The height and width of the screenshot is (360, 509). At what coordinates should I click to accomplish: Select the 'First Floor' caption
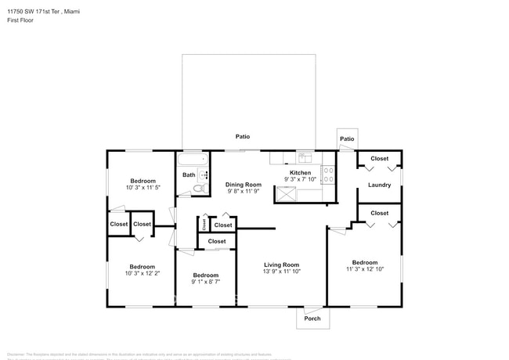pos(20,21)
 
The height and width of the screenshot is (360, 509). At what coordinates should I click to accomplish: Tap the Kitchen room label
pos(301,172)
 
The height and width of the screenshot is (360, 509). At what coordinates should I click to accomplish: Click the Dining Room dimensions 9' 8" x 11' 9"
pos(244,191)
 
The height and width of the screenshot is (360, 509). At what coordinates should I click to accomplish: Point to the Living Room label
pos(280,265)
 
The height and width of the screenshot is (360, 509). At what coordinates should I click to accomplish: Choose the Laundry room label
pos(379,185)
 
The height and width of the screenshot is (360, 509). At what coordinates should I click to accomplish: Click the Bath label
pos(189,175)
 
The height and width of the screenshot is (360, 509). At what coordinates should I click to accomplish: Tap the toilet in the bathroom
pos(201,189)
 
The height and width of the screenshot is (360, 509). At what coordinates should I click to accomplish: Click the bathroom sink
pos(204,175)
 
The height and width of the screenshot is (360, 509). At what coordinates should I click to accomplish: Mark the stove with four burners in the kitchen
pos(328,174)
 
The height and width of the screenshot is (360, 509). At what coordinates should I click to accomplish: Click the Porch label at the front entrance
pos(312,318)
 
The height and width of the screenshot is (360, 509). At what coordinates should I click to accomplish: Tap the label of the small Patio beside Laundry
pos(346,139)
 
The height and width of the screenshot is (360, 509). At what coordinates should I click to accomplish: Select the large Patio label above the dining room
pos(243,136)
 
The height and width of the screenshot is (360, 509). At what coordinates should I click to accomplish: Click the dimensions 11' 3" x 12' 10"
pos(364,269)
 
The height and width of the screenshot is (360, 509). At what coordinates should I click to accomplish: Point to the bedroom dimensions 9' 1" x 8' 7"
pos(205,282)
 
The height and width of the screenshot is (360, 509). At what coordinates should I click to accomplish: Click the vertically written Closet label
pos(204,225)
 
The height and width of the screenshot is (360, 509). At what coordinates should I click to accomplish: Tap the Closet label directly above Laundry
pos(379,159)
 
